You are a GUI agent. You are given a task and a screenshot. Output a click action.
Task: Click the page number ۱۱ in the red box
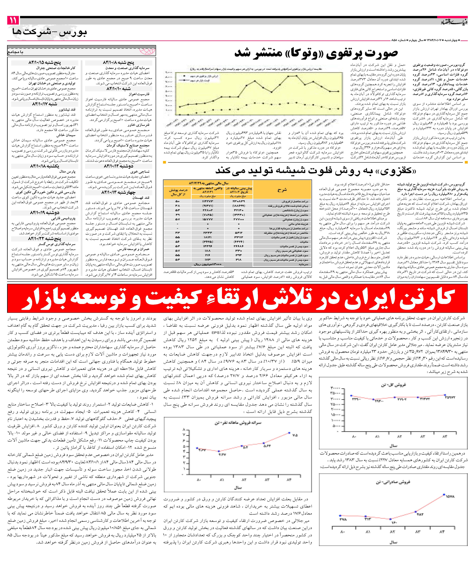[13, 20]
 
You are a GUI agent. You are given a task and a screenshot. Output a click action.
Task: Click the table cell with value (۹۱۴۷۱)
[208, 206]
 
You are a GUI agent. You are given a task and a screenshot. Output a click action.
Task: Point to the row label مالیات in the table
[304, 242]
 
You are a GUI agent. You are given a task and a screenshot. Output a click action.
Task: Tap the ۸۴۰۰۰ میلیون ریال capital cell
[208, 264]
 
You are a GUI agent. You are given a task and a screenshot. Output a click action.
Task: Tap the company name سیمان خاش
[66, 135]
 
